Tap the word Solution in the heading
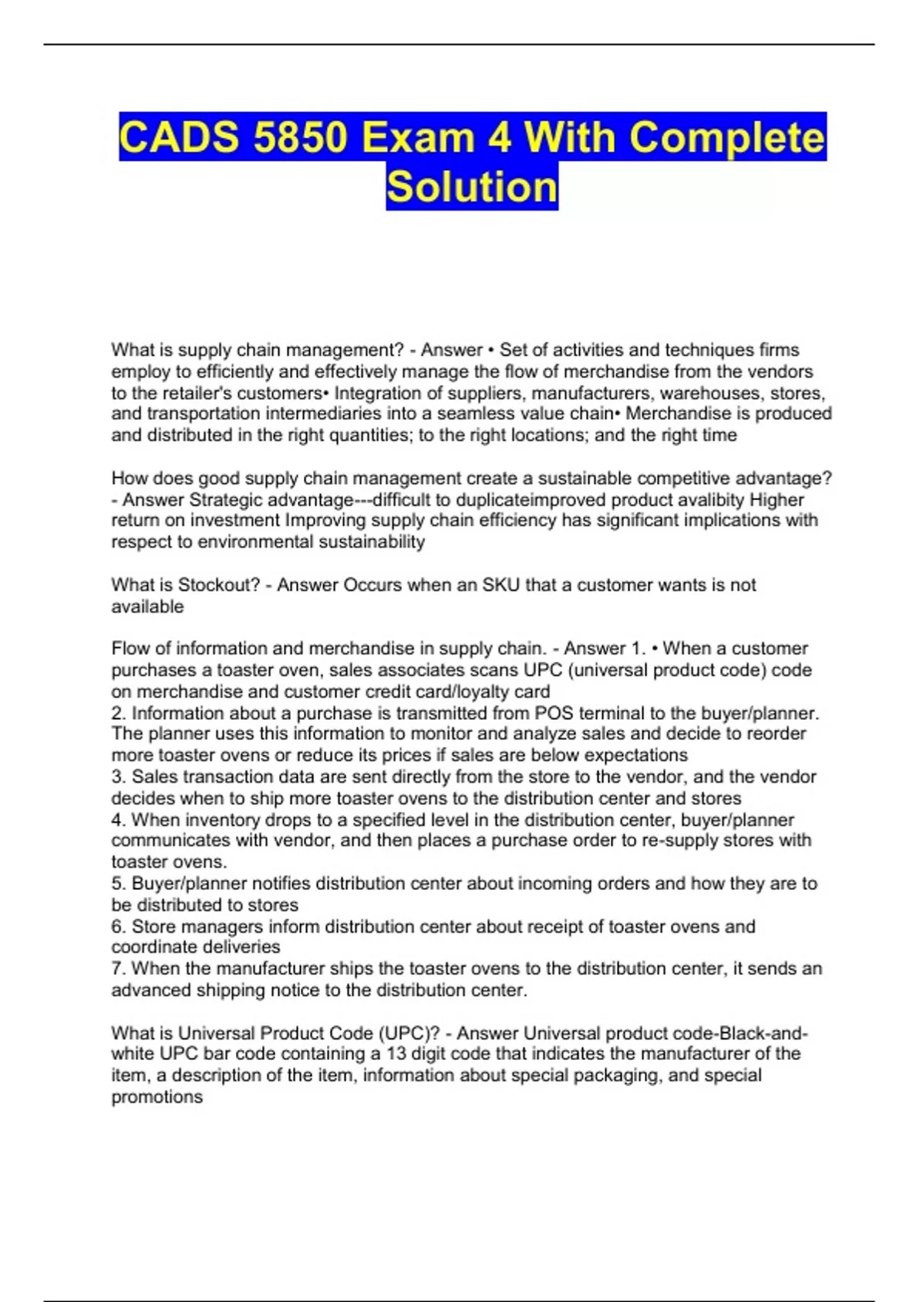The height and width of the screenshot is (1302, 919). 472,187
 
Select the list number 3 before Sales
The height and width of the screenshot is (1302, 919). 117,777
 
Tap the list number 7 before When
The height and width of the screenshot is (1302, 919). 117,969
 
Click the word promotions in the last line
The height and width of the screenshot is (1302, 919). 157,1097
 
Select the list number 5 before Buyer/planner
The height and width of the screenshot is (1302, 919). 117,884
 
